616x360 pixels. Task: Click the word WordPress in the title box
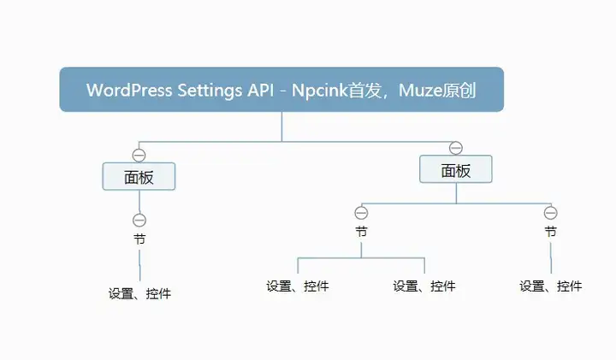point(129,90)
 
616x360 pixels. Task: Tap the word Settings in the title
point(210,91)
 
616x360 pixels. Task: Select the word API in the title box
point(260,90)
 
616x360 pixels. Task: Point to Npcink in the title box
point(320,91)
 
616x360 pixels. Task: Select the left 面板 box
point(139,177)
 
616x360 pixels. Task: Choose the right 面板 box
point(456,169)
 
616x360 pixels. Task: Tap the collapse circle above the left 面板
point(139,155)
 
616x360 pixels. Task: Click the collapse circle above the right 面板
point(456,148)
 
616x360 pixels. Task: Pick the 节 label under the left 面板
point(139,239)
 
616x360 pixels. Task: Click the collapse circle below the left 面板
point(139,221)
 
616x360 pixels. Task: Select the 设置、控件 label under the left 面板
point(139,293)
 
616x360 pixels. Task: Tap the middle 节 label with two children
point(361,232)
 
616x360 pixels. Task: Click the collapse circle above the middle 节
point(361,213)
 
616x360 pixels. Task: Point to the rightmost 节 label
point(551,232)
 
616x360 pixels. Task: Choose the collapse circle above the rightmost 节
point(551,213)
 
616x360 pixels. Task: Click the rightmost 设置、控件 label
point(551,286)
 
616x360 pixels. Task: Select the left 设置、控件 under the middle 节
point(298,286)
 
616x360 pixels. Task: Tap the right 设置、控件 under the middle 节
point(424,286)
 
